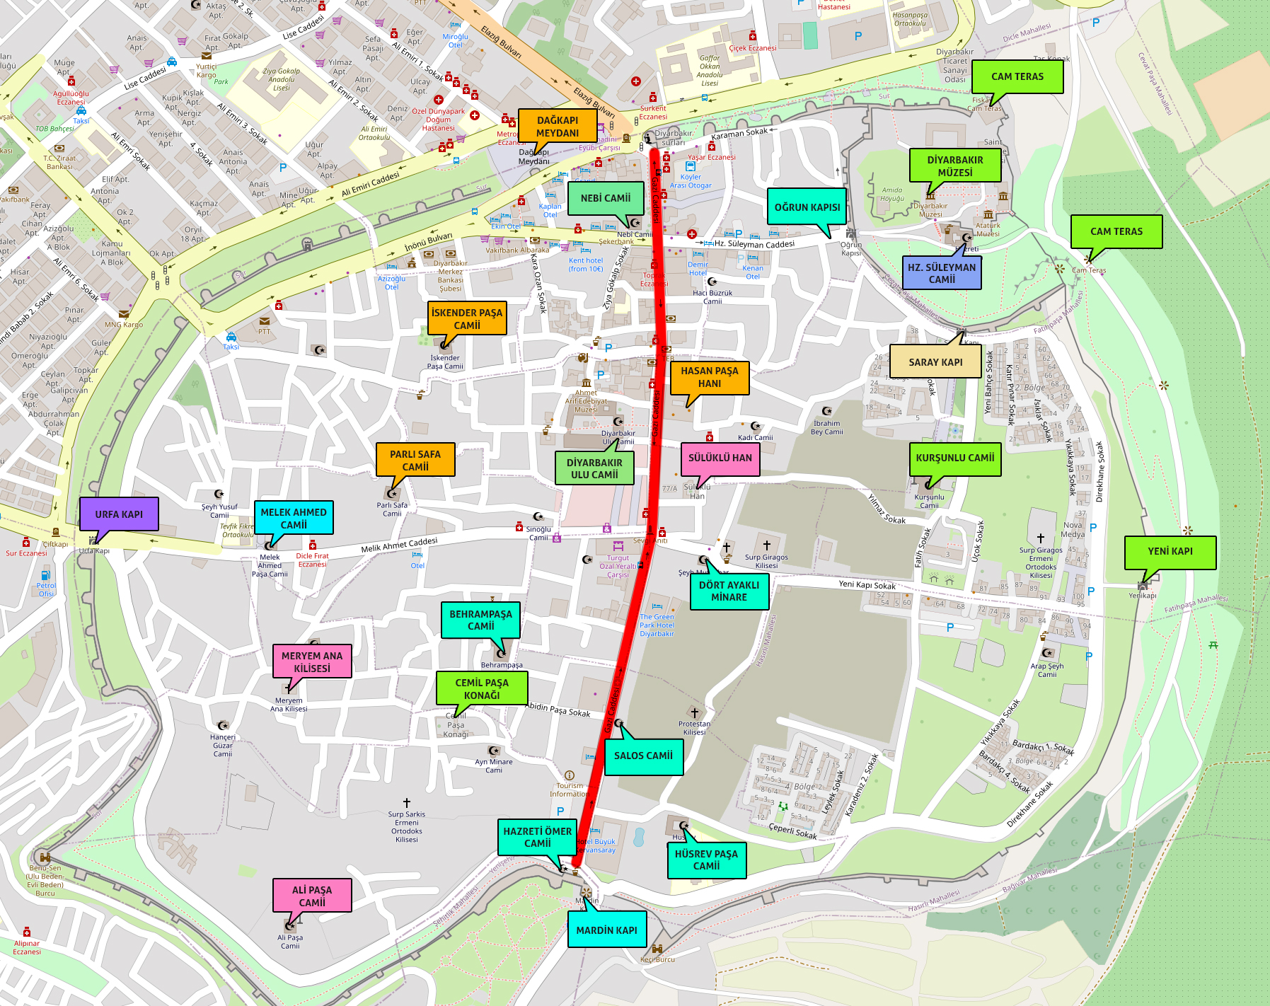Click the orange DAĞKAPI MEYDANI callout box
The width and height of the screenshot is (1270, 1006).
point(558,127)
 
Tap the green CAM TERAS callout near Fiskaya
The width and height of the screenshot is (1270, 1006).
point(1017,76)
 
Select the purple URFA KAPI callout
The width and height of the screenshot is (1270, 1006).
point(119,514)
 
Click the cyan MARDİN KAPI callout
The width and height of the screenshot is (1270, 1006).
point(606,930)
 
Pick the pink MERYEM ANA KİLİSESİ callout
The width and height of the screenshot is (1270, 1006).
point(312,661)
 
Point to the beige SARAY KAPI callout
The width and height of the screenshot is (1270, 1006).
point(935,362)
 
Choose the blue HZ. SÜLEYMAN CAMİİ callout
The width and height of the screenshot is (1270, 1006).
point(942,273)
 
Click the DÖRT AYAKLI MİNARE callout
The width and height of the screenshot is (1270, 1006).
point(729,591)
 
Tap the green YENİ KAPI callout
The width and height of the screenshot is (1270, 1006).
point(1170,551)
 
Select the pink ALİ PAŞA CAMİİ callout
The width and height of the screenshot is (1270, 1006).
point(312,896)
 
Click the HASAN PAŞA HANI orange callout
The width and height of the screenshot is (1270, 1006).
point(709,376)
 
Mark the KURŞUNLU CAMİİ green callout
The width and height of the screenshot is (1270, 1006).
point(954,458)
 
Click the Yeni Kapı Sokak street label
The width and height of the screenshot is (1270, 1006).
point(867,585)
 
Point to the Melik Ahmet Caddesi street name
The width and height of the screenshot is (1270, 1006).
point(399,545)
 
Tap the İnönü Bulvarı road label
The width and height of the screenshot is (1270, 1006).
point(428,242)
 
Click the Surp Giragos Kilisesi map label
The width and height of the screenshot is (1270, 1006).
point(766,561)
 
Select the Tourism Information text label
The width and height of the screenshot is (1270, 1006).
point(570,790)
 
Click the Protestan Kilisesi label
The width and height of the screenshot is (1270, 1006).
point(694,727)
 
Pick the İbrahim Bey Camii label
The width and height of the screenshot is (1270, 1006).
point(826,427)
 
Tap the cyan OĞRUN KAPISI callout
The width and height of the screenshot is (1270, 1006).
point(807,207)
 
